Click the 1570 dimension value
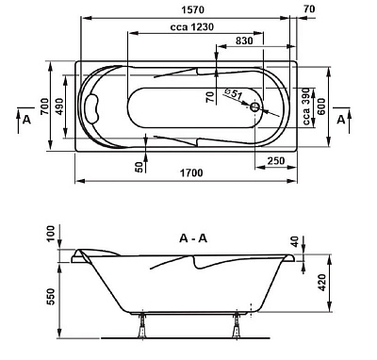tap(193, 10)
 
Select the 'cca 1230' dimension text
tap(192, 27)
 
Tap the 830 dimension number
tap(244, 41)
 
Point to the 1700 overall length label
tap(191, 172)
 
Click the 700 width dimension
tap(45, 106)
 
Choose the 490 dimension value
tap(59, 106)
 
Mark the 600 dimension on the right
tap(320, 106)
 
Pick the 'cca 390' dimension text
tap(306, 106)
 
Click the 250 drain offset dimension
tap(276, 161)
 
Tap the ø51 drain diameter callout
tap(234, 94)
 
